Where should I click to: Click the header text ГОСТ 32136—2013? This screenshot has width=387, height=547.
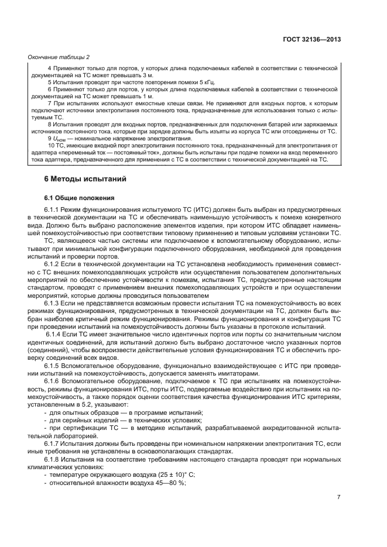[x=311, y=39]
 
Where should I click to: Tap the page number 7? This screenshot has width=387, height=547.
[x=339, y=497]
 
